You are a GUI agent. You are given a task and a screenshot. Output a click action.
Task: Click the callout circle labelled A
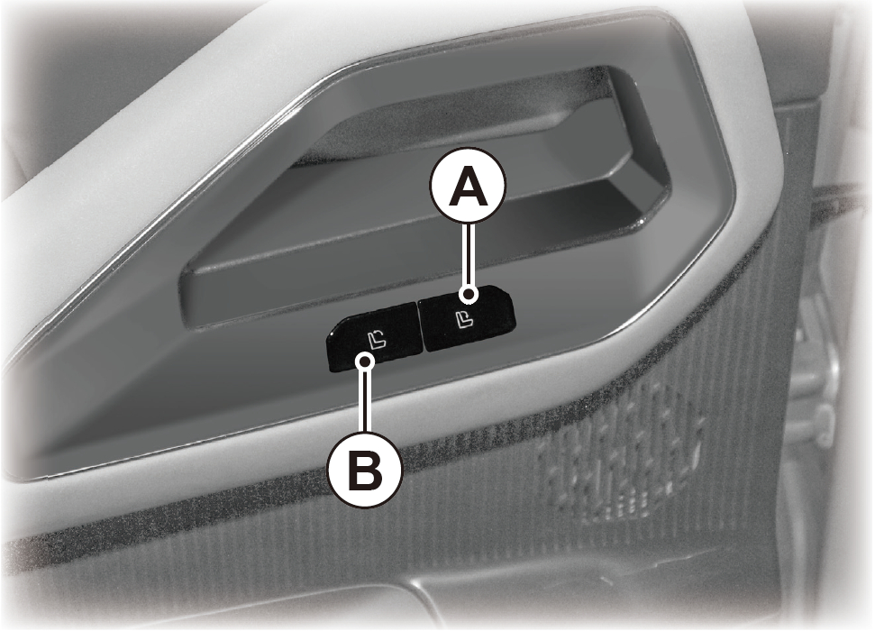(x=469, y=187)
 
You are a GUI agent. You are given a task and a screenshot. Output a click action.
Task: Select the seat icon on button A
(x=462, y=320)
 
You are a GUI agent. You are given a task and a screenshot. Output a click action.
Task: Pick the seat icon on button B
(x=377, y=338)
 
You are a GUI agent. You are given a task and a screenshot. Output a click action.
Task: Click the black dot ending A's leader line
(x=469, y=294)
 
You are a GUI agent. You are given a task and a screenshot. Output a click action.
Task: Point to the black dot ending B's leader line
(x=366, y=361)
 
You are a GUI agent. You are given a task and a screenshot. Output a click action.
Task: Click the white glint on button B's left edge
(x=331, y=334)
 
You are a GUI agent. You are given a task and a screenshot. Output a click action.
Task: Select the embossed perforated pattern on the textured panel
(x=618, y=459)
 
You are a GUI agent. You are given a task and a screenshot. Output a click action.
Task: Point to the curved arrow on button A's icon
(x=465, y=316)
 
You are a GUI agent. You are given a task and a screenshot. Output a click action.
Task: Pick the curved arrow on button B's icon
(x=380, y=335)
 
